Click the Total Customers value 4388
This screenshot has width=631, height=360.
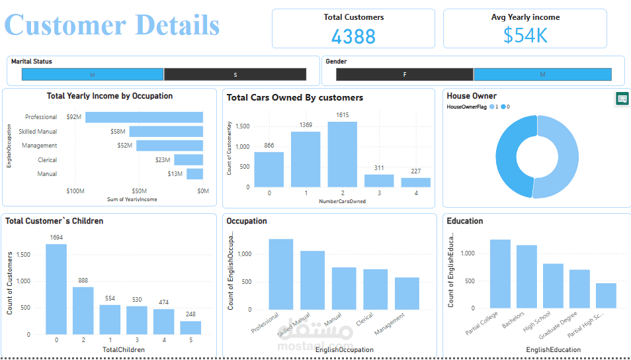coord(353,36)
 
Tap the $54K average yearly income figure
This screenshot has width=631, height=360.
coord(525,36)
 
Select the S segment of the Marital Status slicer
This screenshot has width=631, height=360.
coord(235,74)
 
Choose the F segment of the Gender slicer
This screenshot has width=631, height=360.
coord(405,74)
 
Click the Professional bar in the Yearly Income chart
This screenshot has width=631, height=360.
coord(144,117)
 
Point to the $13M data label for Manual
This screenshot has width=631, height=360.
coord(175,174)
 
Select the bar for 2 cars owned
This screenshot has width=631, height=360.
coord(342,154)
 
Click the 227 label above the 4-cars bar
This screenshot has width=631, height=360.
coord(415,171)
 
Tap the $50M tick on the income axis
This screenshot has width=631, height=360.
coord(140,191)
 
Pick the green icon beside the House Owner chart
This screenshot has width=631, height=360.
coord(622,99)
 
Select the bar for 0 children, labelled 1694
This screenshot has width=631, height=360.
coord(56,289)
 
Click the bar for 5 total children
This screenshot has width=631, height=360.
coord(190,328)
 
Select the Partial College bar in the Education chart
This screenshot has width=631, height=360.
coord(500,273)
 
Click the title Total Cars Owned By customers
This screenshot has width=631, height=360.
coord(295,97)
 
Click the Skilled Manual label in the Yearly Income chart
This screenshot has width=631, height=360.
coord(38,132)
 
